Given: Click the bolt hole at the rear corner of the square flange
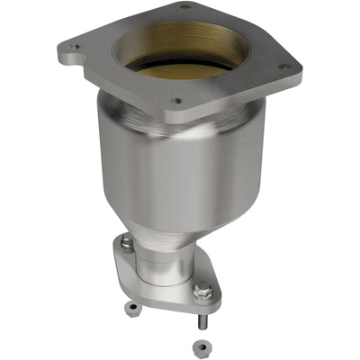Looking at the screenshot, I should pyautogui.click(x=185, y=7).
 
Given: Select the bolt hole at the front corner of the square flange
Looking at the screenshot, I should pyautogui.click(x=177, y=102).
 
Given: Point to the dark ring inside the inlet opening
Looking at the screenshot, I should pyautogui.click(x=184, y=65).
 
